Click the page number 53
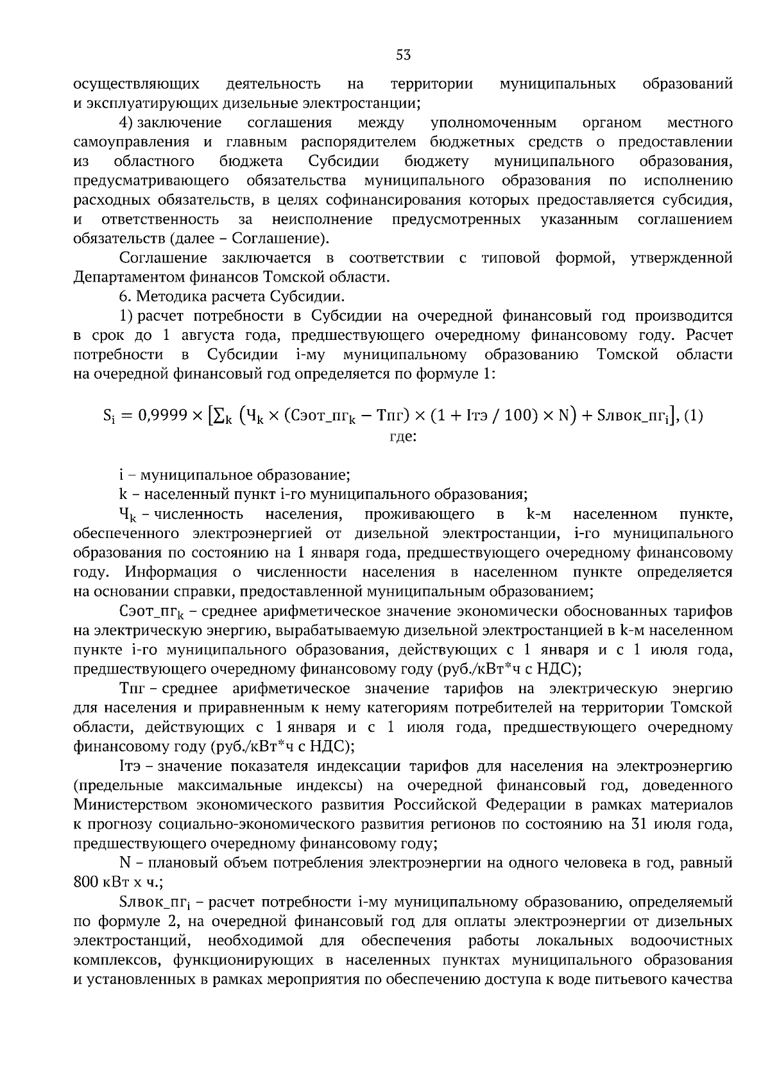403,55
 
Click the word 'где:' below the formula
403,436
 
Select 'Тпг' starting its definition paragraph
133,689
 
